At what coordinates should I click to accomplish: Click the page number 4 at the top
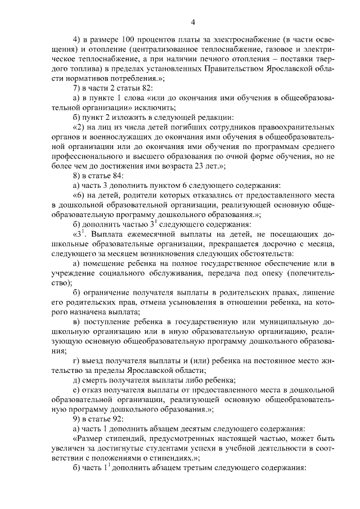coord(192,22)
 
